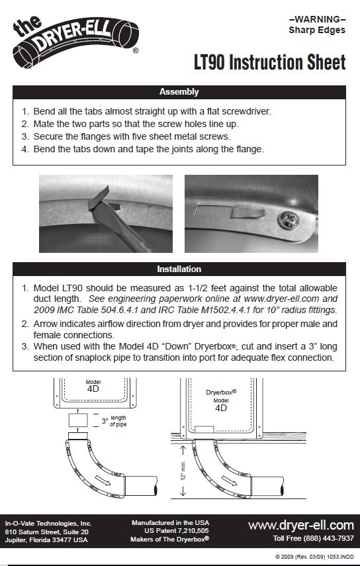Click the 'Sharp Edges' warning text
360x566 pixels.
(316, 30)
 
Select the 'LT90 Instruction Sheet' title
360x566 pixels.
(269, 63)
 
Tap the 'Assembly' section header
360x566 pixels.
(179, 92)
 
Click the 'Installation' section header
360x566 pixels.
(179, 269)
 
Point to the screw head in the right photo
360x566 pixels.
(290, 218)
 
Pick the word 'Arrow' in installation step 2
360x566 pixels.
(46, 324)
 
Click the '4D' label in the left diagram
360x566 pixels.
(93, 390)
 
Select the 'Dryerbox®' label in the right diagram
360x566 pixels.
(220, 393)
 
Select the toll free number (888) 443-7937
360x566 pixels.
(313, 538)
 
